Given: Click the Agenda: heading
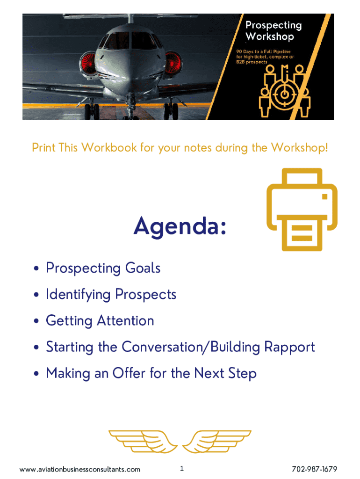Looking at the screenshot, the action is pyautogui.click(x=180, y=226).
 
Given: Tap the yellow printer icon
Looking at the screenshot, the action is pyautogui.click(x=302, y=210).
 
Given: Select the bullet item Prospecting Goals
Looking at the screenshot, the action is pyautogui.click(x=103, y=268).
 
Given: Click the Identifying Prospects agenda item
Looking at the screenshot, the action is pyautogui.click(x=111, y=295).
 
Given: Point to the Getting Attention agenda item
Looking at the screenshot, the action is pyautogui.click(x=100, y=321).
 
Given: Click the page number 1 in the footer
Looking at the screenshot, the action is pyautogui.click(x=182, y=468).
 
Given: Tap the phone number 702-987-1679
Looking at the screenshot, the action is pyautogui.click(x=315, y=469).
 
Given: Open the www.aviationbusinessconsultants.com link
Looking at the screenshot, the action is pyautogui.click(x=80, y=469).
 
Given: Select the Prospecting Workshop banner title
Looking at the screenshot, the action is pyautogui.click(x=274, y=30).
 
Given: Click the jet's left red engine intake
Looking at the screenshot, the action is pyautogui.click(x=89, y=64).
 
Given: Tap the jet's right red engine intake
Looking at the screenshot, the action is pyautogui.click(x=173, y=64).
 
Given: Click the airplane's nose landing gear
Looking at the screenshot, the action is pyautogui.click(x=131, y=107).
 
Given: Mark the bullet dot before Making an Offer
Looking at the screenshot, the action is pyautogui.click(x=36, y=373).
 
